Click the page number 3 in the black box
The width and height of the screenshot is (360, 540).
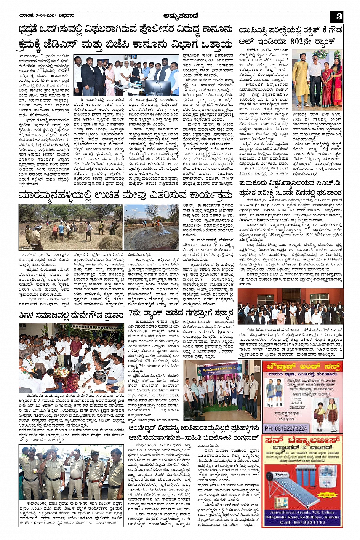(339, 16)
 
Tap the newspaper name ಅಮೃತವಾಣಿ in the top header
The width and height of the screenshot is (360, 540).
(180, 16)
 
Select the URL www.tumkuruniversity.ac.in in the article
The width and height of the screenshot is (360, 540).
(263, 220)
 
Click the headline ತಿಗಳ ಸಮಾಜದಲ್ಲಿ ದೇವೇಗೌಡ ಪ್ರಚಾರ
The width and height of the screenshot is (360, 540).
(71, 315)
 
